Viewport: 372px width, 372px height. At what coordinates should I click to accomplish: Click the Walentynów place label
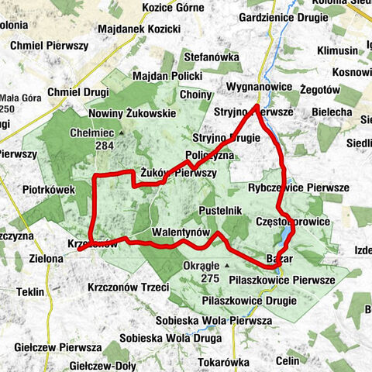coord(183,232)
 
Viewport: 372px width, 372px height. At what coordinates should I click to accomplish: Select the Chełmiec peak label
coord(92,133)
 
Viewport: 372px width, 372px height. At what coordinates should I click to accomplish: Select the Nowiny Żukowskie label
coord(131,114)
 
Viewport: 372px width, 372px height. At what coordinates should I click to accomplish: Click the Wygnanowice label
coord(260,87)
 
